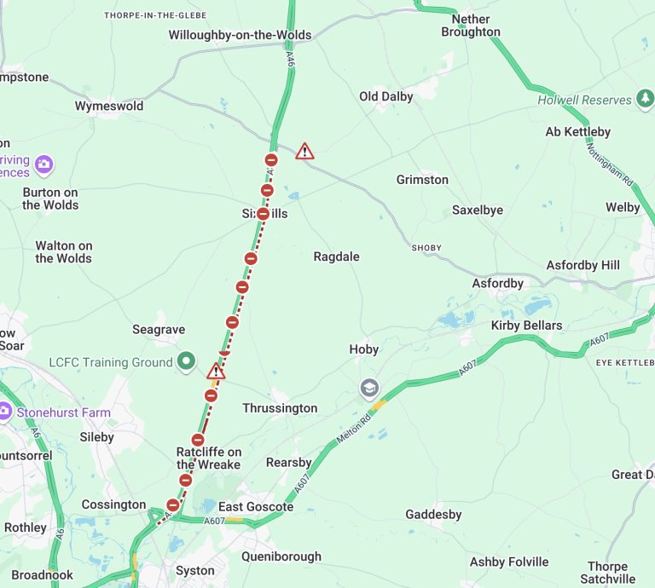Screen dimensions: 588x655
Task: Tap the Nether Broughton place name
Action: pyautogui.click(x=471, y=26)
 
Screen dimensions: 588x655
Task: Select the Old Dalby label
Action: pyautogui.click(x=386, y=96)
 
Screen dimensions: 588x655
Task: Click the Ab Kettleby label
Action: pyautogui.click(x=578, y=131)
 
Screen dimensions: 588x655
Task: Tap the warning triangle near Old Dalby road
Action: pyautogui.click(x=304, y=152)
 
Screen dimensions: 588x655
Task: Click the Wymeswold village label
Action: pyautogui.click(x=109, y=107)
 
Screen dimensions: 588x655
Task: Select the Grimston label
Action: pyautogui.click(x=422, y=180)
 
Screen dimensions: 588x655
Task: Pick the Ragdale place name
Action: pyautogui.click(x=336, y=257)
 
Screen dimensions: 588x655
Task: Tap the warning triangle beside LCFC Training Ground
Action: pyautogui.click(x=217, y=372)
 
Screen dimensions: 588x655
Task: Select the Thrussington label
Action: pyautogui.click(x=280, y=408)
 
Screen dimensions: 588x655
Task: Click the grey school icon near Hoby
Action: pyautogui.click(x=368, y=389)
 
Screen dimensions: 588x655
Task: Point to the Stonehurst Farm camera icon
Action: pyautogui.click(x=5, y=412)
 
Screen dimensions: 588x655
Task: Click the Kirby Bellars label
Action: pyautogui.click(x=526, y=326)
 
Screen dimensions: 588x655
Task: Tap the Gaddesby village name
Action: pyautogui.click(x=433, y=514)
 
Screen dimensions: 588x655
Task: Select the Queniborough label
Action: pyautogui.click(x=281, y=556)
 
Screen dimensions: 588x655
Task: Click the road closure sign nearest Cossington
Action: pyautogui.click(x=173, y=505)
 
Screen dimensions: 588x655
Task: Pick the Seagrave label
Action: pyautogui.click(x=159, y=329)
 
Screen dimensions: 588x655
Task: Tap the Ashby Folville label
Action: pyautogui.click(x=509, y=562)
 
